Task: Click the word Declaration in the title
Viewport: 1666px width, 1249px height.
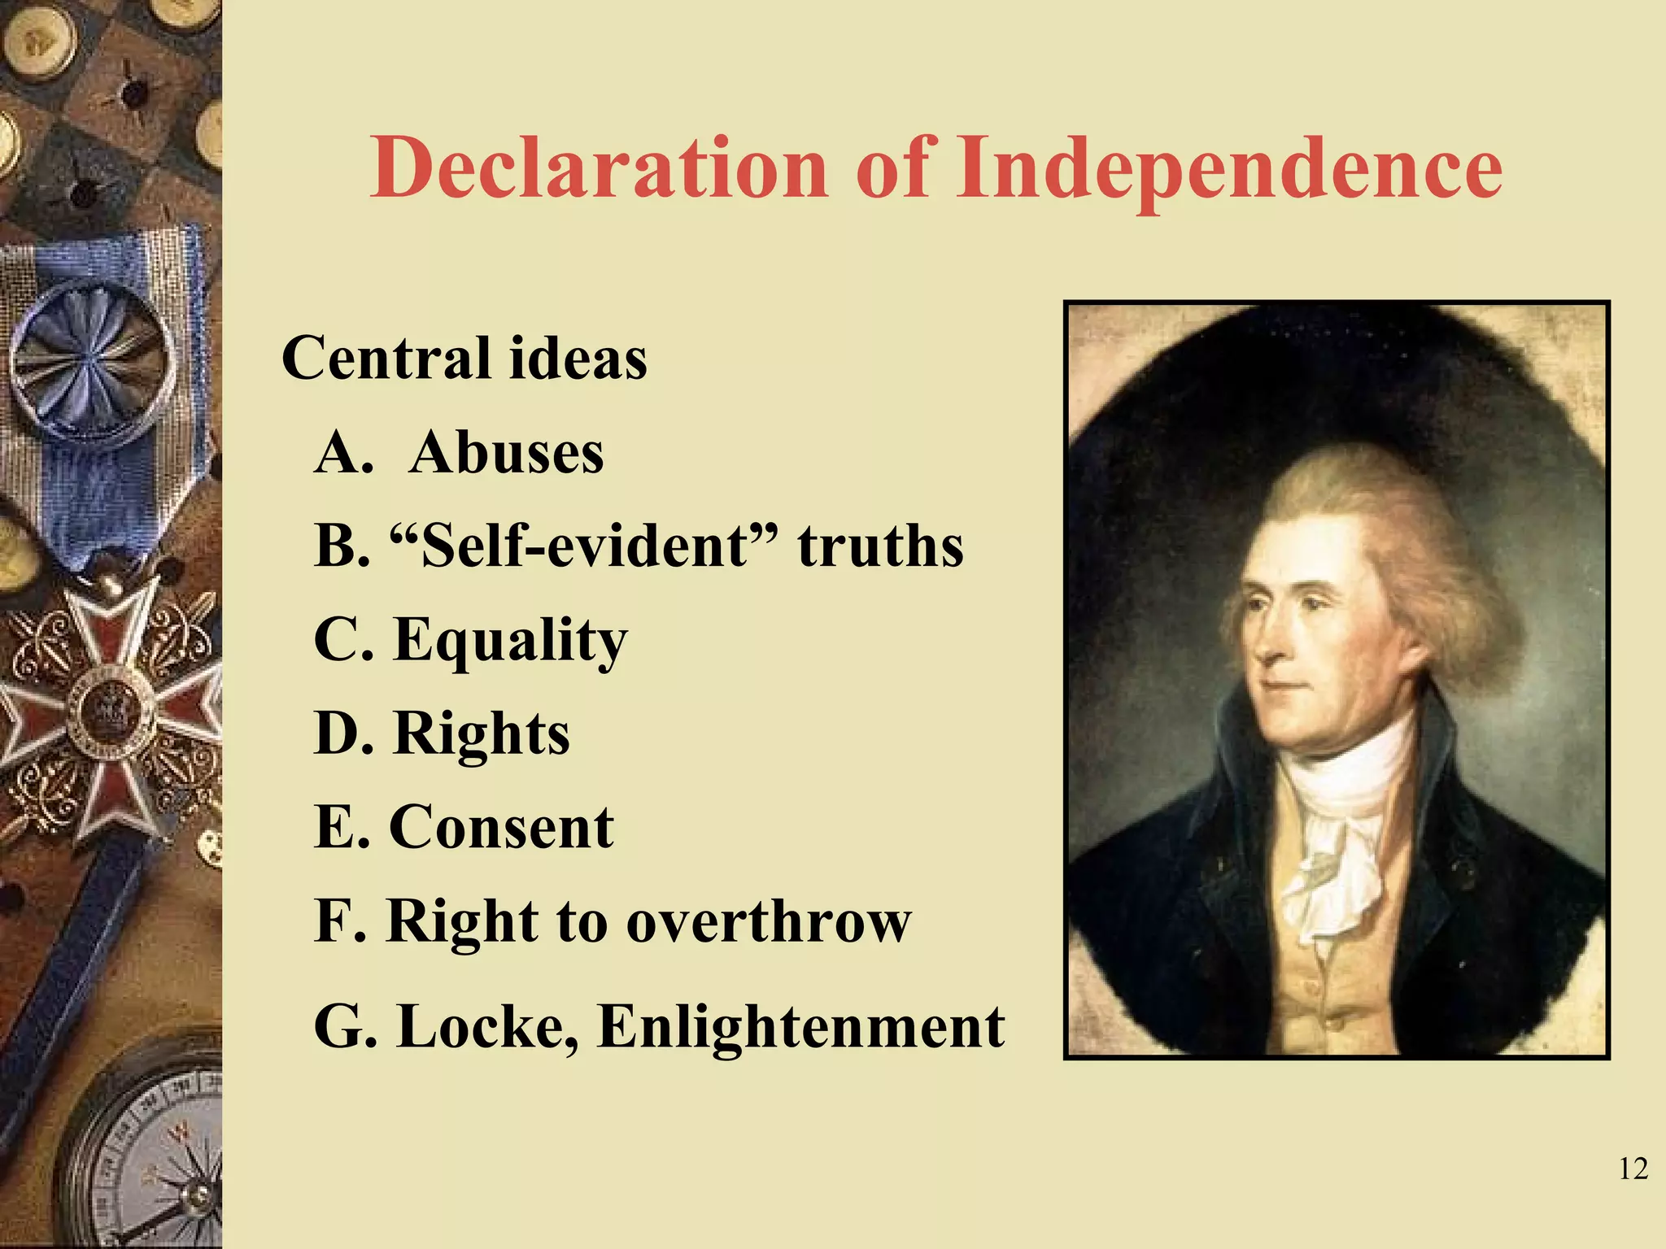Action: click(x=599, y=168)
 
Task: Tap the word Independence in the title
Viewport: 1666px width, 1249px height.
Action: click(x=1228, y=168)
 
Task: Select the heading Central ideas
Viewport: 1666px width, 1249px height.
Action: click(x=464, y=359)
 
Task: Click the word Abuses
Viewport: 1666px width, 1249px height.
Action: click(x=507, y=452)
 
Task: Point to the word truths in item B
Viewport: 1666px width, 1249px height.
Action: click(x=880, y=546)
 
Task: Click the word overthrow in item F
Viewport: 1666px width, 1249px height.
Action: click(x=768, y=922)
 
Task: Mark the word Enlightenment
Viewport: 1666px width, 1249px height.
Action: click(x=801, y=1026)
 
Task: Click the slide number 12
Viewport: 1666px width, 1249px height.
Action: click(x=1633, y=1169)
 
